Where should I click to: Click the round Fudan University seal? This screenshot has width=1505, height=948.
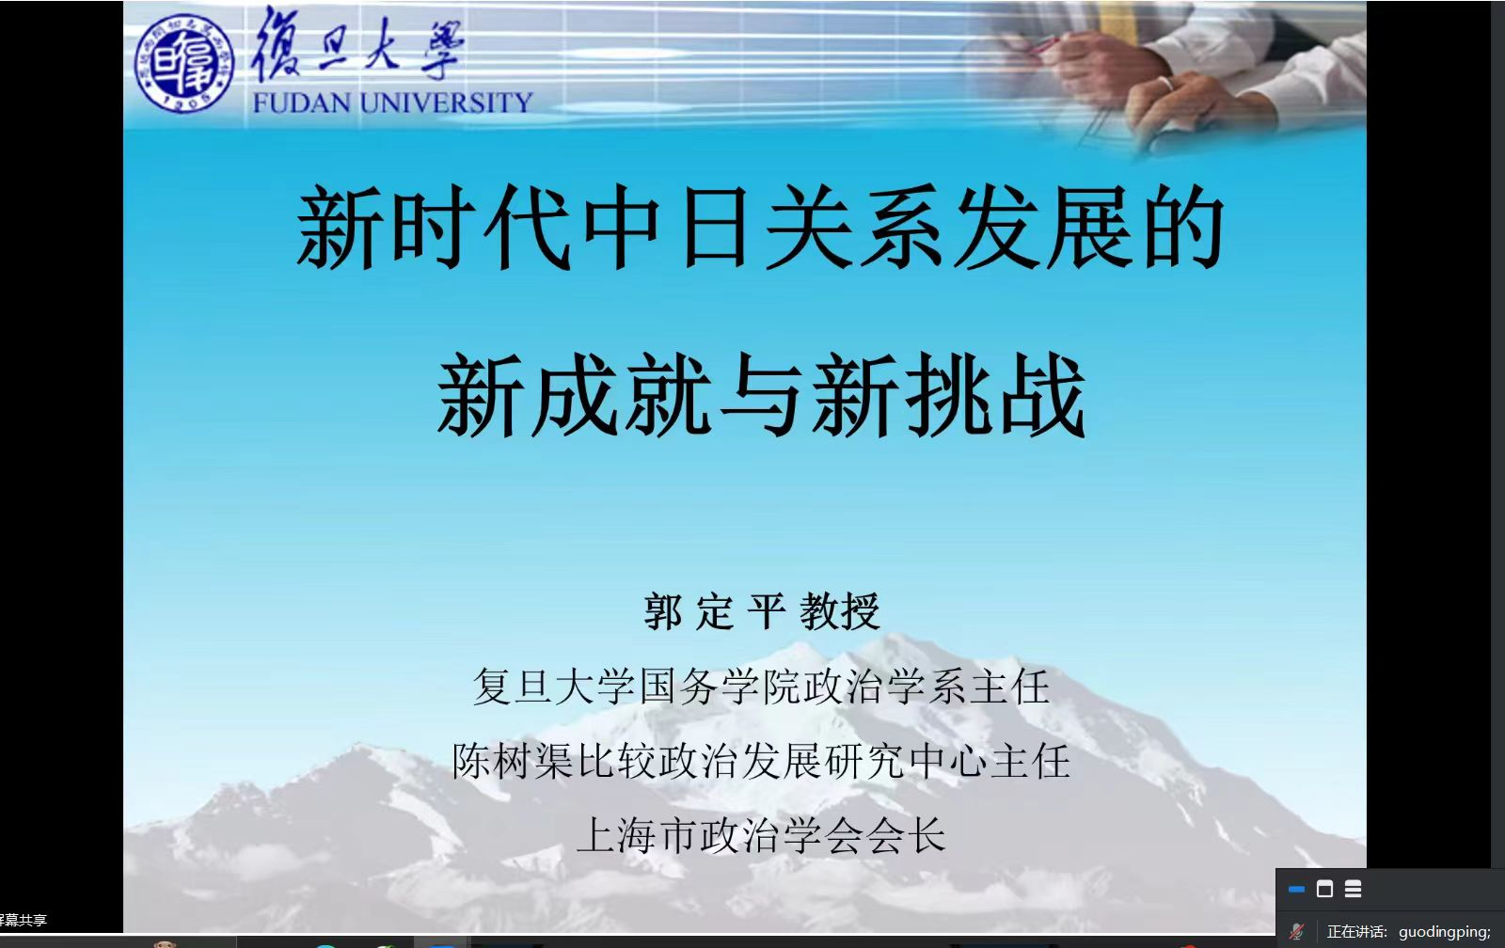183,64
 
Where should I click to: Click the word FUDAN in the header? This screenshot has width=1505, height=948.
302,103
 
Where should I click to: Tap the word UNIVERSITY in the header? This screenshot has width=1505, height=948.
446,103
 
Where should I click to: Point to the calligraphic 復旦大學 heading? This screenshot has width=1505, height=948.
356,44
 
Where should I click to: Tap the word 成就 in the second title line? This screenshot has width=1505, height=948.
621,395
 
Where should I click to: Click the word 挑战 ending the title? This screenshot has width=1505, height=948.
995,395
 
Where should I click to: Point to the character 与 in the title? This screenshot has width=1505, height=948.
760,395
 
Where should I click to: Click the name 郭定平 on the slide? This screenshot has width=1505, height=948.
715,611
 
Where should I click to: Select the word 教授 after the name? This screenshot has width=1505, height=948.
840,611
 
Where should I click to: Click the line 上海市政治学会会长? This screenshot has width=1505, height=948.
761,836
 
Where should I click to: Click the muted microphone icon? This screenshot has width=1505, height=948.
1297,931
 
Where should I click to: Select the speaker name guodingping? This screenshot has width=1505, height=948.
1445,932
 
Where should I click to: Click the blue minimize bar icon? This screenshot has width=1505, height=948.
1297,890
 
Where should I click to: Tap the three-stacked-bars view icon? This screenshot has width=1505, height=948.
1354,889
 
